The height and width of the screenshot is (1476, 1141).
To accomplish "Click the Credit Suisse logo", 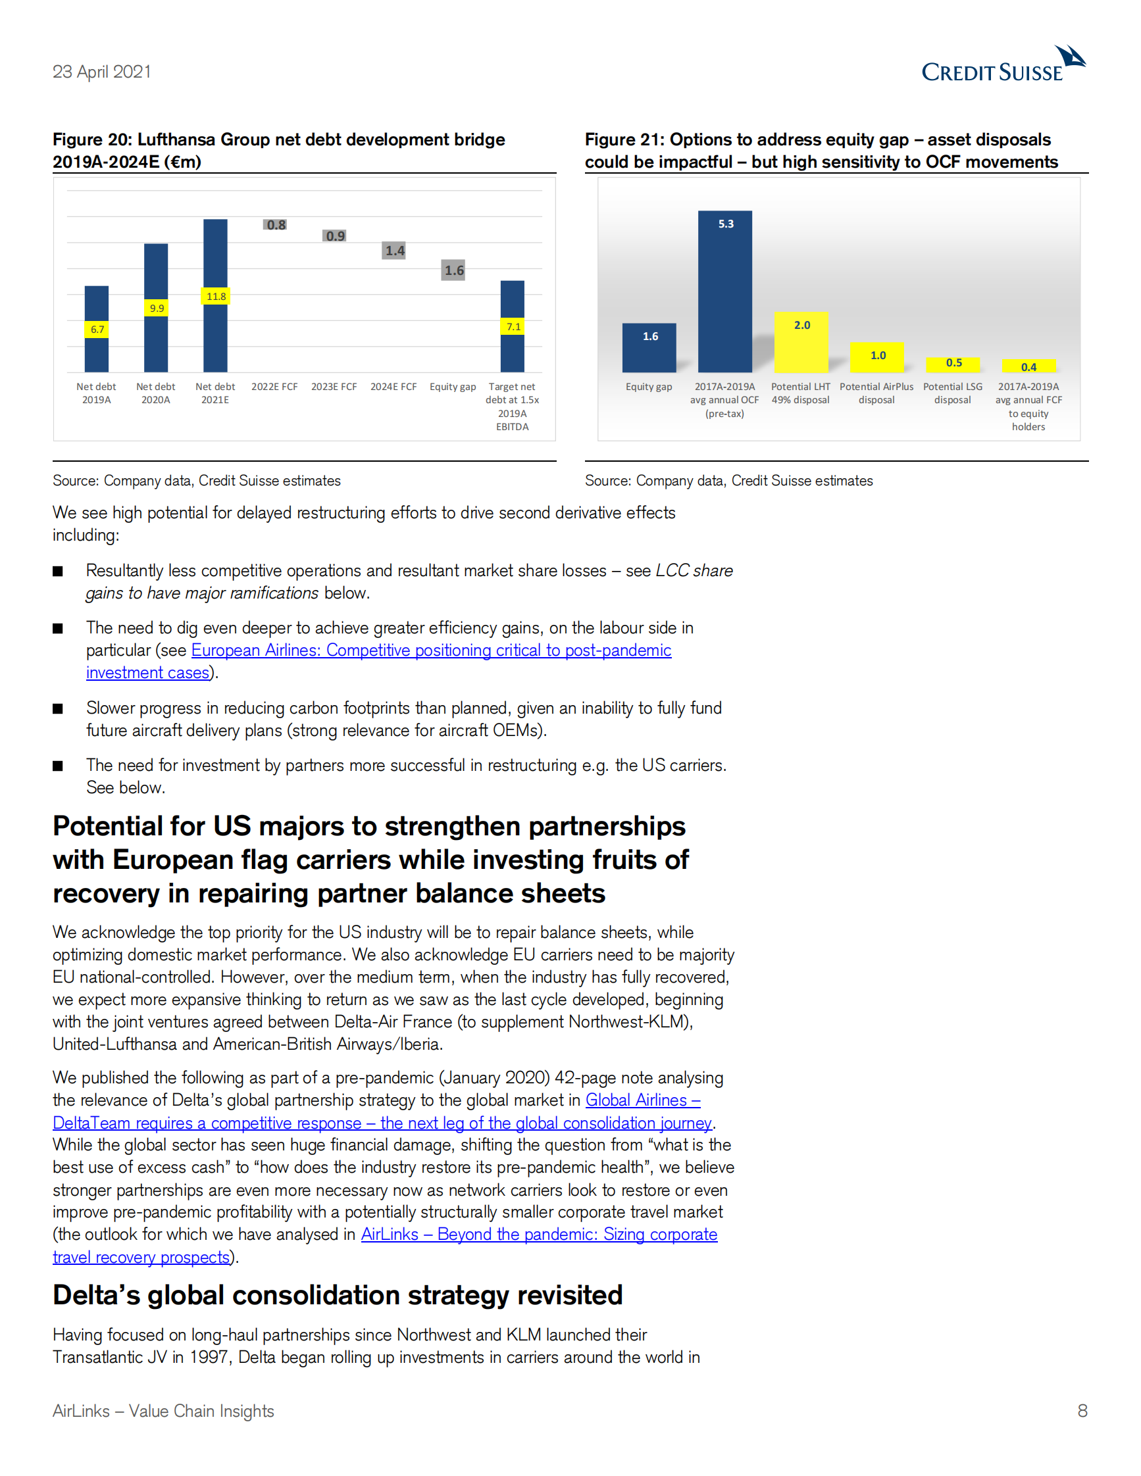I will tap(1003, 65).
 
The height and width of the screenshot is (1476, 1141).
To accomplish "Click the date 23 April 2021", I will tap(102, 72).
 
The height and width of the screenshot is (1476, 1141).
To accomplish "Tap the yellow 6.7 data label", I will tap(97, 329).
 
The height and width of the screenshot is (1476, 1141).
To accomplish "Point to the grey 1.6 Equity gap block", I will tap(453, 270).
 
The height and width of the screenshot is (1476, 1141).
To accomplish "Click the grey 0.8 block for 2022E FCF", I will tap(275, 224).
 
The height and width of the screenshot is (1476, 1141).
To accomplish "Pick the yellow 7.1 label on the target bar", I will tap(513, 327).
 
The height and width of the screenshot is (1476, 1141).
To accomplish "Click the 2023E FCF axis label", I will tap(334, 387).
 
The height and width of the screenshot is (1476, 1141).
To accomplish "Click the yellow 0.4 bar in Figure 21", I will tap(1028, 366).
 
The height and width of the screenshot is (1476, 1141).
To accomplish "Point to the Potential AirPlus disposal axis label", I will tap(876, 393).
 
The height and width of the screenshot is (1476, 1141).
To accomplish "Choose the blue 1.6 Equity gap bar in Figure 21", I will tap(649, 347).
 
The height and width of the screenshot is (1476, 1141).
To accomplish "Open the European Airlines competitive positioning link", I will tap(430, 650).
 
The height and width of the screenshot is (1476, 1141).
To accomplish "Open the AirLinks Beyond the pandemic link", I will tap(538, 1234).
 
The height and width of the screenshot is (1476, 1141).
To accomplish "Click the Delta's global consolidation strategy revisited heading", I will tap(338, 1295).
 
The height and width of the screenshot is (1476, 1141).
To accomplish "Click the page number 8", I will tap(1082, 1410).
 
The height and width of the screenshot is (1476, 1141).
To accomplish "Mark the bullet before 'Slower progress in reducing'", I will tap(58, 708).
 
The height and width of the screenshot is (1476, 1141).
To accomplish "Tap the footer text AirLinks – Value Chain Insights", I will tap(163, 1411).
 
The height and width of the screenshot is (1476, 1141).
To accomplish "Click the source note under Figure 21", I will tap(728, 481).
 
